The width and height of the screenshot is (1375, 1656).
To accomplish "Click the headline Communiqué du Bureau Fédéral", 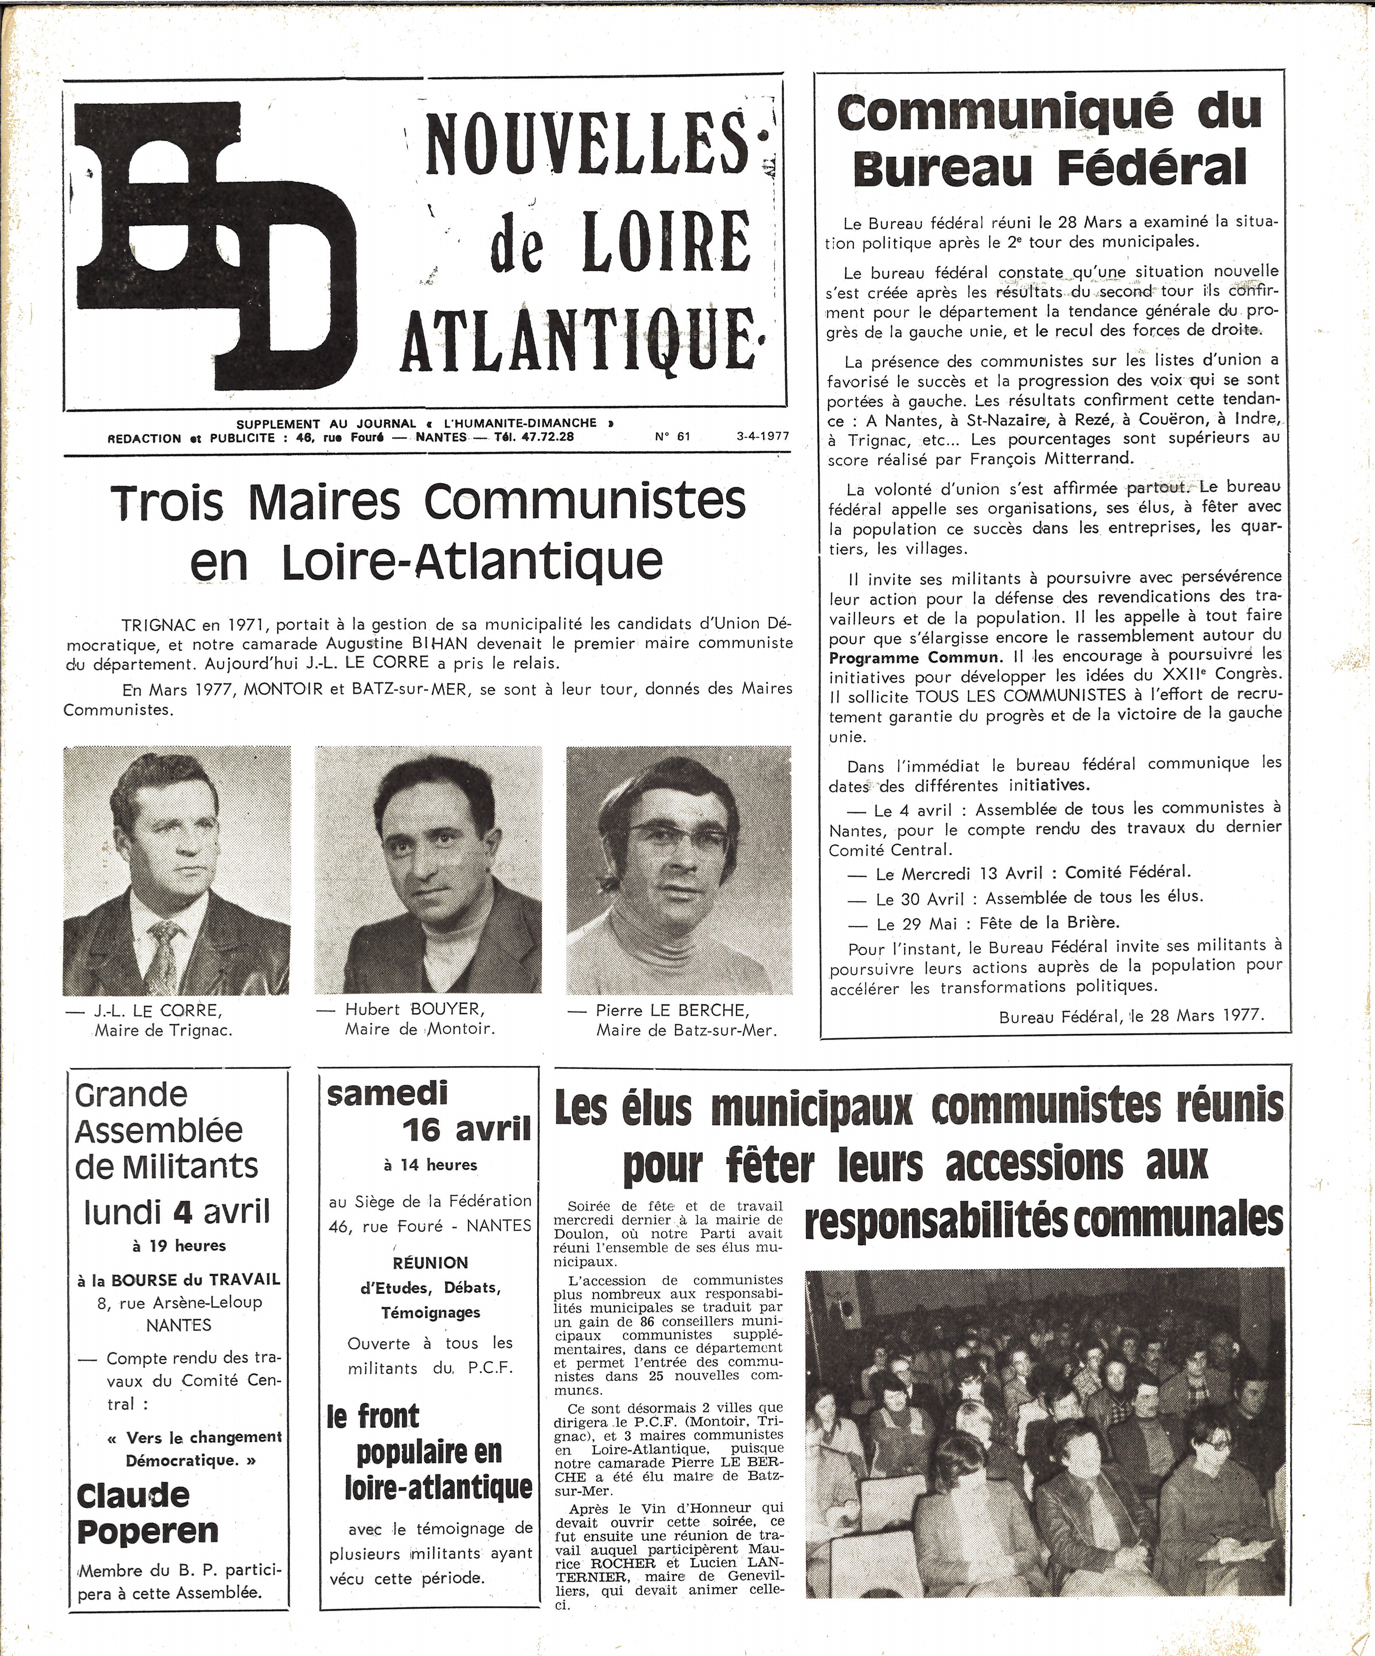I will [x=1050, y=139].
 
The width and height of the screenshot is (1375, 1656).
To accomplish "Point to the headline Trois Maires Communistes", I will [x=428, y=502].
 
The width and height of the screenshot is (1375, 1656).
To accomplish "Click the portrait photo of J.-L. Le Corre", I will [x=177, y=870].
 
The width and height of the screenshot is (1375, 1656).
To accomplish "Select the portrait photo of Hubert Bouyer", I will [x=428, y=870].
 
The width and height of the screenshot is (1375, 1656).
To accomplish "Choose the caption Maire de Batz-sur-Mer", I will [x=686, y=1030].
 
